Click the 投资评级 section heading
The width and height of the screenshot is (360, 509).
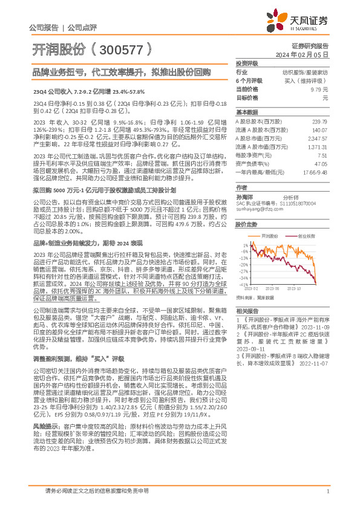click(x=246, y=63)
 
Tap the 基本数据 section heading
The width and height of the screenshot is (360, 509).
click(x=246, y=113)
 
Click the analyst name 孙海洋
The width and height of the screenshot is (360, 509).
click(x=244, y=196)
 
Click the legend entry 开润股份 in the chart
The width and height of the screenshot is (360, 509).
click(x=270, y=236)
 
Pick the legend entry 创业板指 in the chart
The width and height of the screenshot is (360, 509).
click(x=306, y=236)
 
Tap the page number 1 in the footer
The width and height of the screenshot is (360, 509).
click(x=327, y=491)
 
